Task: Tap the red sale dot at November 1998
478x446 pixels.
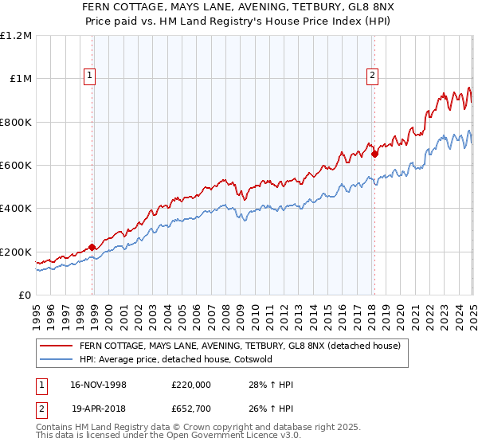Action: pyautogui.click(x=92, y=247)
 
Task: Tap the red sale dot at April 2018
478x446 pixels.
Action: pyautogui.click(x=374, y=154)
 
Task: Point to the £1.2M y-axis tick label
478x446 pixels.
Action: pyautogui.click(x=16, y=35)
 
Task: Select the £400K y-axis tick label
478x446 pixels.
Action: pyautogui.click(x=16, y=209)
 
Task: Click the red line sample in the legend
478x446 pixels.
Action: pyautogui.click(x=57, y=346)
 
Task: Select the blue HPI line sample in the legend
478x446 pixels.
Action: pyautogui.click(x=57, y=359)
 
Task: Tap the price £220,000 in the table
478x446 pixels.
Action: pyautogui.click(x=190, y=385)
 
